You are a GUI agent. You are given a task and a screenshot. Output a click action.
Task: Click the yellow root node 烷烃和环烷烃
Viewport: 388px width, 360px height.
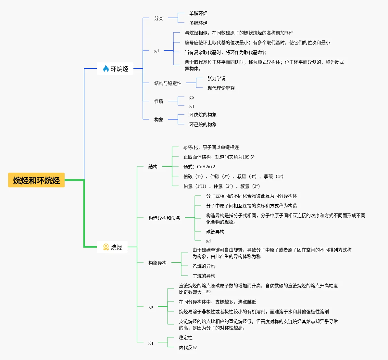pyautogui.click(x=36, y=180)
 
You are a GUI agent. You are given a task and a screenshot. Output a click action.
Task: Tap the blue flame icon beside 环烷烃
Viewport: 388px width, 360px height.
pyautogui.click(x=106, y=69)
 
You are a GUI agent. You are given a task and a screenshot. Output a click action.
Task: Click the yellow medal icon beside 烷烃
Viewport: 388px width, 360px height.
pyautogui.click(x=106, y=247)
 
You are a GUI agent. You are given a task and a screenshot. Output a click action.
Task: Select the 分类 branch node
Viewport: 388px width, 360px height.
pyautogui.click(x=159, y=18)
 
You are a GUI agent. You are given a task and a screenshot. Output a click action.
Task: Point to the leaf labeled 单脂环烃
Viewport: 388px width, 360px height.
pyautogui.click(x=198, y=13)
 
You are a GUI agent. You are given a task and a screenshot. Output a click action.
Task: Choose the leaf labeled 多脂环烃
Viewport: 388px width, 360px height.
pyautogui.click(x=198, y=23)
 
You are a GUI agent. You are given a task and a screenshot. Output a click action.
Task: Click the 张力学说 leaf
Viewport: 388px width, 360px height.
pyautogui.click(x=217, y=79)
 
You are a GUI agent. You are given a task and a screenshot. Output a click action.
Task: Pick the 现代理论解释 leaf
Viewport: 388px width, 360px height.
pyautogui.click(x=221, y=88)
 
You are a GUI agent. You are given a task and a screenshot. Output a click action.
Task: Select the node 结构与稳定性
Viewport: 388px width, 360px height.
pyautogui.click(x=168, y=83)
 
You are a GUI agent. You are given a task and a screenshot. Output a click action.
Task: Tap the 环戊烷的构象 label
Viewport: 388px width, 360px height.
pyautogui.click(x=203, y=115)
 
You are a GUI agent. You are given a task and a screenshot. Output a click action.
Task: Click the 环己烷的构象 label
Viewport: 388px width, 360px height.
pyautogui.click(x=203, y=124)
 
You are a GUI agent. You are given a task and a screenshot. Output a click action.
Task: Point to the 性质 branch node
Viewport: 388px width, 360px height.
pyautogui.click(x=159, y=101)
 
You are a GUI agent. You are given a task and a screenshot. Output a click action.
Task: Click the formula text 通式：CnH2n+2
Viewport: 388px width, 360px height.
pyautogui.click(x=199, y=167)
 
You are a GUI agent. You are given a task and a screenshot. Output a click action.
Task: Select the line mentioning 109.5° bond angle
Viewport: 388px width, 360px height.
pyautogui.click(x=219, y=157)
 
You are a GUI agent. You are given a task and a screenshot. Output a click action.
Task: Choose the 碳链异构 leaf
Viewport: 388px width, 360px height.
pyautogui.click(x=215, y=232)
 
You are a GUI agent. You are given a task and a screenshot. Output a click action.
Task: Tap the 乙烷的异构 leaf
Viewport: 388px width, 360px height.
pyautogui.click(x=204, y=266)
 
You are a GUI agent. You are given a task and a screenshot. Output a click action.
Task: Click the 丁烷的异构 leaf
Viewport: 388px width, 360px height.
pyautogui.click(x=204, y=276)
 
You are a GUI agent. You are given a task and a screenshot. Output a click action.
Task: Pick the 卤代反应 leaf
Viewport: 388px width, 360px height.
pyautogui.click(x=188, y=347)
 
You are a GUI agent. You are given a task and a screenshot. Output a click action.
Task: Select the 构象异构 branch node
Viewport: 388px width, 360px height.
pyautogui.click(x=157, y=263)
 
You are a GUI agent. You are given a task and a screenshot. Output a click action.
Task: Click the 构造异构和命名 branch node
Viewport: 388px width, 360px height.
pyautogui.click(x=164, y=218)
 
